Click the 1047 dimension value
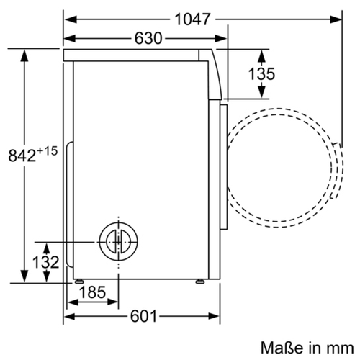tap(193, 19)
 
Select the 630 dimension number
tap(148, 38)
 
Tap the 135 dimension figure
tap(261, 73)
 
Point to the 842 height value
tap(22, 156)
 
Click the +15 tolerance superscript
tap(48, 151)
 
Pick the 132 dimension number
tap(45, 262)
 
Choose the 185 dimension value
tap(92, 292)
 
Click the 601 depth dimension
tap(143, 316)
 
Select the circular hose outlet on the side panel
tap(118, 242)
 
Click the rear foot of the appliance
tap(79, 282)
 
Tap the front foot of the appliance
tap(200, 282)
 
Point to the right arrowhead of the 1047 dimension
tap(336, 19)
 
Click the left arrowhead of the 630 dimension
tap(69, 38)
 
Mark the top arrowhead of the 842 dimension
tap(24, 55)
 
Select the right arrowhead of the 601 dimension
tap(214, 316)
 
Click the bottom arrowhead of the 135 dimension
tap(261, 92)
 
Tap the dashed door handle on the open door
tap(337, 171)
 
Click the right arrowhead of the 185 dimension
tap(112, 302)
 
